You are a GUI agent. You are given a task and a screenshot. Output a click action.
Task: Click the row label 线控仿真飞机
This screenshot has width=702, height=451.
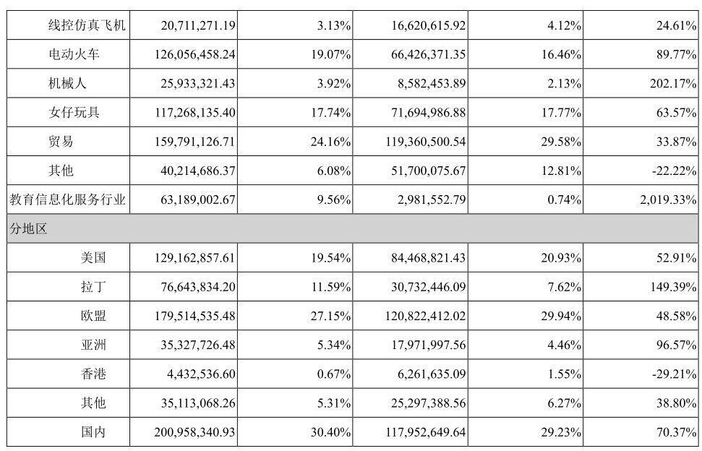click(x=87, y=25)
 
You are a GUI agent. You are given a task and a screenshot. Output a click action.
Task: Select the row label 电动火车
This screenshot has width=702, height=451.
click(x=74, y=54)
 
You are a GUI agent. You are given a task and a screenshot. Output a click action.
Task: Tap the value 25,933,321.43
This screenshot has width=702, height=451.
click(x=198, y=84)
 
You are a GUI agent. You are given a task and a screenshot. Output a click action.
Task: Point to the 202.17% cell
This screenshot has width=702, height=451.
click(x=673, y=84)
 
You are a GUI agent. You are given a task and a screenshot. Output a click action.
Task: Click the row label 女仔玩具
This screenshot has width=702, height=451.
click(x=74, y=112)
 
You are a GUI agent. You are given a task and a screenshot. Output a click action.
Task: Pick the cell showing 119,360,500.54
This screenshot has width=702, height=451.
click(x=425, y=142)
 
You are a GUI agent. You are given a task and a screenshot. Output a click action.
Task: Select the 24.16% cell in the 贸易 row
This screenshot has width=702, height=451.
click(x=330, y=142)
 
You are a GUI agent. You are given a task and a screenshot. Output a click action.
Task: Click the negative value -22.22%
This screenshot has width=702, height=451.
click(x=675, y=171)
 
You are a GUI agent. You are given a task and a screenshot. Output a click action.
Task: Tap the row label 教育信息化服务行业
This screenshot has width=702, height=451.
click(x=68, y=199)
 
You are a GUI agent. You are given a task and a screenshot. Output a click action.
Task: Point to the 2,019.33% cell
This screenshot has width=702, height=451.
click(x=668, y=199)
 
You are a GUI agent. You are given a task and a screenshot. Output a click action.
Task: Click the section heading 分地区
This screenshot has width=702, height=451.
click(x=28, y=228)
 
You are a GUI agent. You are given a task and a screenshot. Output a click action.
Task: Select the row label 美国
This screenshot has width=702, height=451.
click(x=93, y=258)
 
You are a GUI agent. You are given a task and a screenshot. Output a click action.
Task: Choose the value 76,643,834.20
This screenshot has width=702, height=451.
click(x=198, y=287)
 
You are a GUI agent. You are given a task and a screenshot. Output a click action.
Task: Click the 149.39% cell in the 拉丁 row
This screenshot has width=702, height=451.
click(x=673, y=287)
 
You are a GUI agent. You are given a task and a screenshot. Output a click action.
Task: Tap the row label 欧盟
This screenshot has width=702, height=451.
click(x=93, y=316)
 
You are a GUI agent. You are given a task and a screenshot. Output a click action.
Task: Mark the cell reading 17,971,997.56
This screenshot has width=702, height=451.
click(x=429, y=345)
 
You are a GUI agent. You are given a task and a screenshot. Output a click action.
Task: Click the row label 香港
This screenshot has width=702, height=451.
click(x=93, y=374)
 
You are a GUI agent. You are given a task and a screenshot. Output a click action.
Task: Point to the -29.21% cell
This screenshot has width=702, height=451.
click(x=675, y=374)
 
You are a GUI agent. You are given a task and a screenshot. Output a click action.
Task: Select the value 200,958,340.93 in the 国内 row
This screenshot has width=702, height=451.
click(x=194, y=432)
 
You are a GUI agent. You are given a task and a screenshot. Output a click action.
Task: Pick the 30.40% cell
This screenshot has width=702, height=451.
click(x=330, y=432)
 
